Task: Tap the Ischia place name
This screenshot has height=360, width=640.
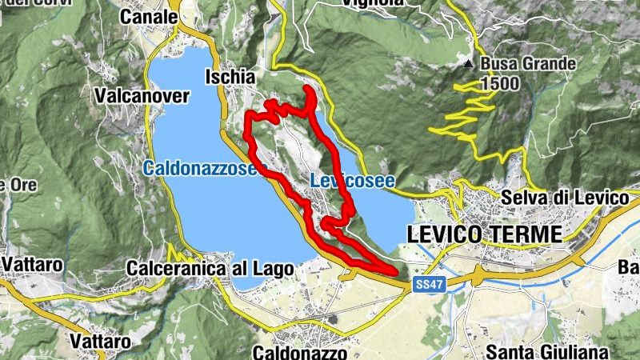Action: (230, 78)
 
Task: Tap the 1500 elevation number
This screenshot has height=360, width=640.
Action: (500, 83)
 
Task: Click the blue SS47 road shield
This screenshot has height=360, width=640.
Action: (429, 284)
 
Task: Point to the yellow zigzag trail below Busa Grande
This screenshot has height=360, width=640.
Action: (468, 112)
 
